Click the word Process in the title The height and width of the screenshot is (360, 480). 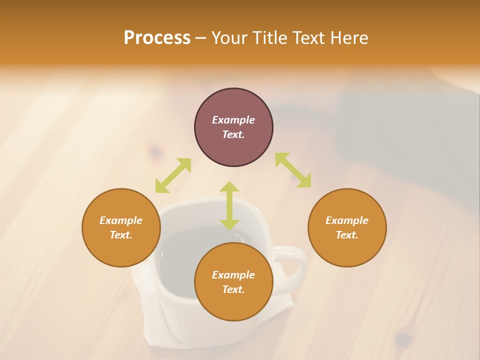(x=157, y=38)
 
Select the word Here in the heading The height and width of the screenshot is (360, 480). (x=348, y=38)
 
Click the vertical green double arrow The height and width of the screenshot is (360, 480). (x=229, y=205)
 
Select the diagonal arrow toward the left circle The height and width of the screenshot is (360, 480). (x=173, y=175)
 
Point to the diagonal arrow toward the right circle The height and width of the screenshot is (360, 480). (x=293, y=170)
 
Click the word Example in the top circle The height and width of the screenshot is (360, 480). (x=233, y=120)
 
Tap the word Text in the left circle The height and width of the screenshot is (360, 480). (x=121, y=235)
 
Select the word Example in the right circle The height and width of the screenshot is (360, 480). (x=347, y=220)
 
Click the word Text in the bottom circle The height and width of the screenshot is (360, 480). (x=233, y=289)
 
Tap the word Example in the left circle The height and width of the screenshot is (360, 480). (x=121, y=220)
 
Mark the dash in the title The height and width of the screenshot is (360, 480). (x=201, y=38)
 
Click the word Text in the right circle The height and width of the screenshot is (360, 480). (x=347, y=235)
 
